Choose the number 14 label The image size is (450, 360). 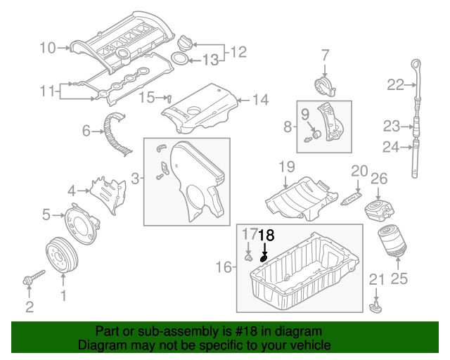[x=260, y=100]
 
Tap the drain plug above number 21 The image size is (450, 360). [x=375, y=307]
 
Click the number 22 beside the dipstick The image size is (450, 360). [x=395, y=85]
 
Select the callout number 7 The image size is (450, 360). [x=325, y=54]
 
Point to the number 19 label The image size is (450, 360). [x=285, y=167]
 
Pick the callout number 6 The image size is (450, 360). [x=86, y=130]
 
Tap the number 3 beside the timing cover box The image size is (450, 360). [x=134, y=179]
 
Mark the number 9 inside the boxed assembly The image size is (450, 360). [x=306, y=113]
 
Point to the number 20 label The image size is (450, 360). [x=359, y=170]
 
